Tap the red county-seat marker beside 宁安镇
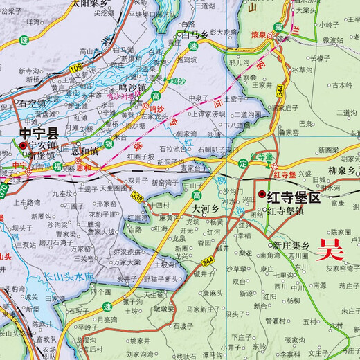[x=23, y=145]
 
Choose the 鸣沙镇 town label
[x=132, y=87]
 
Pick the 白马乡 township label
[x=195, y=33]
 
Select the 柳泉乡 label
[x=343, y=170]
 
